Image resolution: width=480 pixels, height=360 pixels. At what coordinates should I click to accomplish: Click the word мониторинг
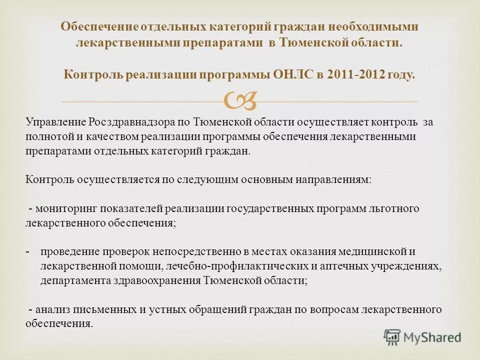tap(65, 208)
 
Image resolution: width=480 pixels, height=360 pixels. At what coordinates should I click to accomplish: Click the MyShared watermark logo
tap(422, 337)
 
